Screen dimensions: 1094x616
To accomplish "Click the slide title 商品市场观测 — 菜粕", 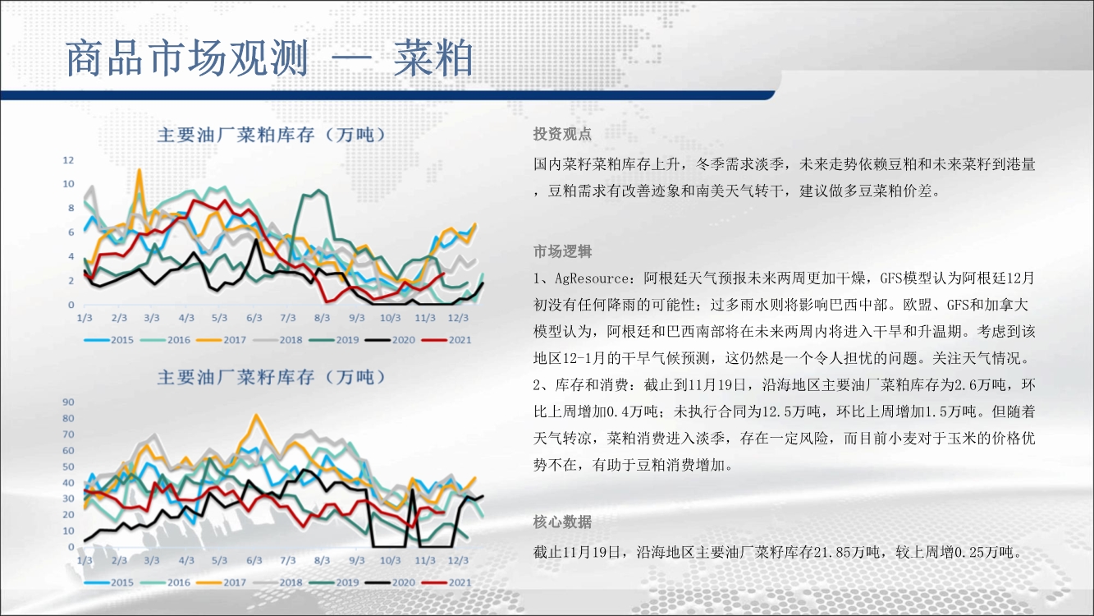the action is [x=269, y=58].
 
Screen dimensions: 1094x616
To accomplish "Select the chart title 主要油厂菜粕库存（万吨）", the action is [x=271, y=135].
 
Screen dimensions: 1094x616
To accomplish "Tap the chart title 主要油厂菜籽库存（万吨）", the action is [x=271, y=377].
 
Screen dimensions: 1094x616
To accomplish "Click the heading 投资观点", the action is [x=562, y=134].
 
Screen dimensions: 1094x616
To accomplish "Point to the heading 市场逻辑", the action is [x=562, y=251].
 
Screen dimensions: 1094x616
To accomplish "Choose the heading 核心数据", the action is [x=562, y=522].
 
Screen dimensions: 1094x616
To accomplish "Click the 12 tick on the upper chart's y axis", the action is [x=68, y=160].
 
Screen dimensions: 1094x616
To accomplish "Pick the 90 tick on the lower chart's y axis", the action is [x=68, y=402].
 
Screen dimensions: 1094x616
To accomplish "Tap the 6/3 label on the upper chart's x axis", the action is [x=254, y=318].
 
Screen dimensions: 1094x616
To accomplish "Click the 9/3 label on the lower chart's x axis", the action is [x=356, y=560].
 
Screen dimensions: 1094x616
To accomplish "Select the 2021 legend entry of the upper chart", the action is [x=447, y=340].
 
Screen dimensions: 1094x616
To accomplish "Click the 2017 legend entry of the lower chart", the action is [x=222, y=582].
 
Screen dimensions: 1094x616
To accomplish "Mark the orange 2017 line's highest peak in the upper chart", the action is [x=140, y=170].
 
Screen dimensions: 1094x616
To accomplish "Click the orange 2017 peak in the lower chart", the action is [x=256, y=416].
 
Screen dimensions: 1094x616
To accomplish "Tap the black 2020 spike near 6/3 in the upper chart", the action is [x=256, y=240].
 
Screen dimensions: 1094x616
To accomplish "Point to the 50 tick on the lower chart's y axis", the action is [x=68, y=467].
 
